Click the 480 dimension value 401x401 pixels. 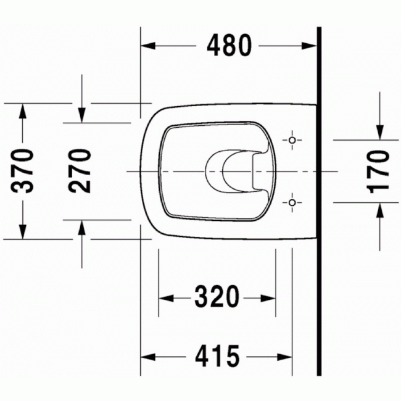point(229,46)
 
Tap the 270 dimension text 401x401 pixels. point(80,171)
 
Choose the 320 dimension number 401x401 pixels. point(217,298)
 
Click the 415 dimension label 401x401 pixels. point(217,356)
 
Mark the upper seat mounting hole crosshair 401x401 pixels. point(292,139)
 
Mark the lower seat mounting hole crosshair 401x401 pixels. point(292,202)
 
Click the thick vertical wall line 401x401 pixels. point(319,247)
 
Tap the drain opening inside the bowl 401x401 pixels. point(231,170)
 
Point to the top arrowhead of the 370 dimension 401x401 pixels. point(23,111)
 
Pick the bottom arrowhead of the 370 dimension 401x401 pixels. point(23,231)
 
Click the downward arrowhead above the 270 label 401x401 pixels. point(81,115)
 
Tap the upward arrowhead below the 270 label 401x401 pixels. point(81,227)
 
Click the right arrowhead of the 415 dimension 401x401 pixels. point(284,356)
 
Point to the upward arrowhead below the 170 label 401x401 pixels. point(380,210)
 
